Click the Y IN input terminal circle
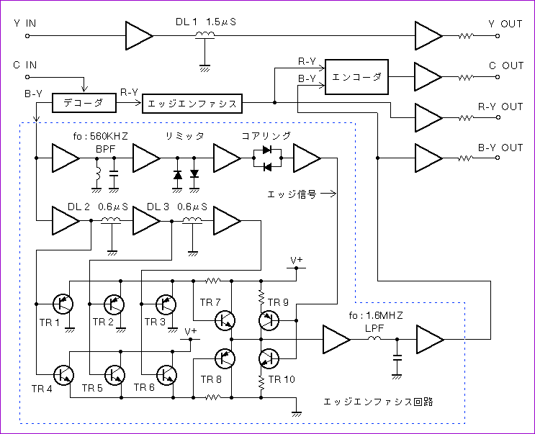27,36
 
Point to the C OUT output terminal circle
498,77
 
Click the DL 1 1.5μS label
206,22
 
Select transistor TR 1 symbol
63,304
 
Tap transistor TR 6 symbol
166,375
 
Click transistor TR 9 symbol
269,320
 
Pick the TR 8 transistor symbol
225,358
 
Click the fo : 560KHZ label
101,136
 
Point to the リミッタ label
184,136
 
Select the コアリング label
266,136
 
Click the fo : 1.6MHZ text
376,315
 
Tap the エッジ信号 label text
292,194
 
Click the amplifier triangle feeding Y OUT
428,36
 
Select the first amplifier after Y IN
139,36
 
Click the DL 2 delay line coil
111,221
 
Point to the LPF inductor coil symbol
374,338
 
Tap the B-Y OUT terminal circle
498,158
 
